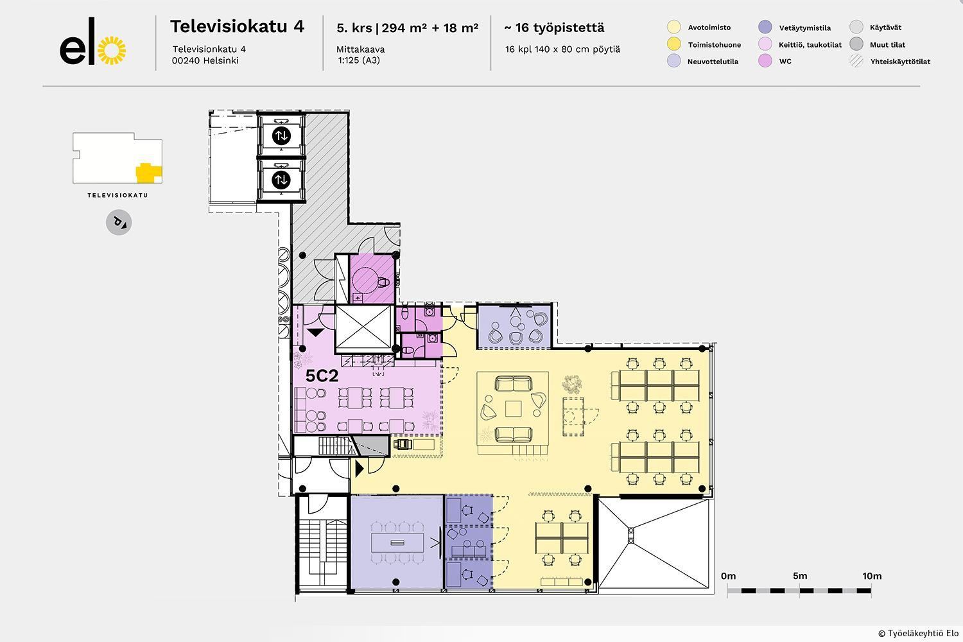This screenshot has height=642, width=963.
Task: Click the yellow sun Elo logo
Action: (x=114, y=50)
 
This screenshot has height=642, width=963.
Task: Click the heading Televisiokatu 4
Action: (x=237, y=26)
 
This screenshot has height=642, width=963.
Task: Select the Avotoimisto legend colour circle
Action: (x=673, y=28)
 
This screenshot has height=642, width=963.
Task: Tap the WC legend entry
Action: (x=785, y=62)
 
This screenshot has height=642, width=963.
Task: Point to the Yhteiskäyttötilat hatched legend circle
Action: (x=856, y=62)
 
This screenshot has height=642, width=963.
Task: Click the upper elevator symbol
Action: (x=281, y=135)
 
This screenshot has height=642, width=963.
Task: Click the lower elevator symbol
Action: (x=281, y=180)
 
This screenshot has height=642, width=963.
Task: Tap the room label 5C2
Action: (x=322, y=376)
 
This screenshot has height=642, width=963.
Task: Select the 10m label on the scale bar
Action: (x=872, y=576)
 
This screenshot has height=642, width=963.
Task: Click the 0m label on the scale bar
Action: (x=728, y=576)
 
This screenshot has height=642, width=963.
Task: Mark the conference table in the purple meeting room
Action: (x=398, y=542)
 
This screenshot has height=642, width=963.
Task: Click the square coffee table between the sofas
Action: (x=513, y=409)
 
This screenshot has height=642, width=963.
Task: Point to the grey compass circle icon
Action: (x=119, y=223)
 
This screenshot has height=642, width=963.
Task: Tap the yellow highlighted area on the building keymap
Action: (x=148, y=172)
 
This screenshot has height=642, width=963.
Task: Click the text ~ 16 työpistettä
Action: (x=553, y=28)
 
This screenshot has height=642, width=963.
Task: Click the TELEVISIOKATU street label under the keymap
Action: (x=117, y=195)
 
